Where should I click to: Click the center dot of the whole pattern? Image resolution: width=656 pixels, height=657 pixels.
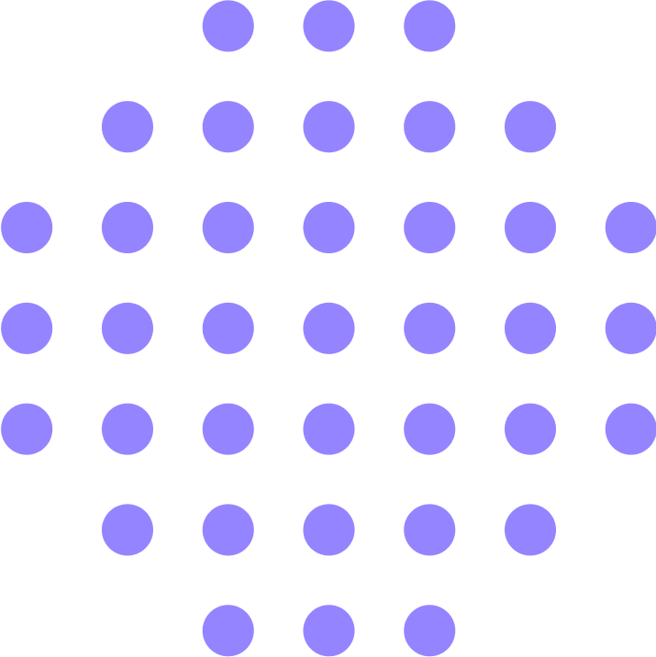pyautogui.click(x=329, y=328)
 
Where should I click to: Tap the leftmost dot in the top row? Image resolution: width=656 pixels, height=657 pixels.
pyautogui.click(x=228, y=26)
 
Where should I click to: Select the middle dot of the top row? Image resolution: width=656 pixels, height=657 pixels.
pyautogui.click(x=329, y=26)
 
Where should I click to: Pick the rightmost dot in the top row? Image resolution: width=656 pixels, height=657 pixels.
pyautogui.click(x=430, y=26)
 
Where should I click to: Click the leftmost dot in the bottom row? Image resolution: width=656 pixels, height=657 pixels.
pyautogui.click(x=228, y=630)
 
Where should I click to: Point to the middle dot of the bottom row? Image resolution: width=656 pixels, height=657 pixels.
pyautogui.click(x=329, y=630)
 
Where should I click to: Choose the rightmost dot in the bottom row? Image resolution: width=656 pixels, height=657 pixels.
pyautogui.click(x=430, y=630)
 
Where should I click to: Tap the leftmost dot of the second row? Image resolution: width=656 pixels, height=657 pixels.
pyautogui.click(x=127, y=127)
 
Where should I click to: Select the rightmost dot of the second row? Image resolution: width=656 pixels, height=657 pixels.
pyautogui.click(x=530, y=127)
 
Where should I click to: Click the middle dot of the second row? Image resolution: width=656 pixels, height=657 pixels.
pyautogui.click(x=329, y=127)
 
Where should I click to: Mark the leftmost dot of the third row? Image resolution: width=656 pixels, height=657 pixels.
pyautogui.click(x=27, y=227)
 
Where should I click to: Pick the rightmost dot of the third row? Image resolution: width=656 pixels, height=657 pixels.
pyautogui.click(x=630, y=227)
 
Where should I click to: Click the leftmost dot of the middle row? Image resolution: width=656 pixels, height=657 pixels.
pyautogui.click(x=27, y=328)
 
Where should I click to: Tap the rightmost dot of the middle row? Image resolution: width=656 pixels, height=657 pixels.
pyautogui.click(x=630, y=328)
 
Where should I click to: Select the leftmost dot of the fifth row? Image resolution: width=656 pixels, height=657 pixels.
pyautogui.click(x=27, y=429)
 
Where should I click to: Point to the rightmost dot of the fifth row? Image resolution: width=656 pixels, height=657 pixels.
pyautogui.click(x=630, y=429)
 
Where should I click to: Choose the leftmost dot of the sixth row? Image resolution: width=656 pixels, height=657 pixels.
pyautogui.click(x=127, y=530)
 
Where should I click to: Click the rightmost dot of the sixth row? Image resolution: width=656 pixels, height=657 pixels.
pyautogui.click(x=530, y=530)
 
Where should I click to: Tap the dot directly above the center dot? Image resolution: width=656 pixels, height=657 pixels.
pyautogui.click(x=329, y=227)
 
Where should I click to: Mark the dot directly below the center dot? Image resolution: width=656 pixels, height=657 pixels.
pyautogui.click(x=329, y=429)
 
